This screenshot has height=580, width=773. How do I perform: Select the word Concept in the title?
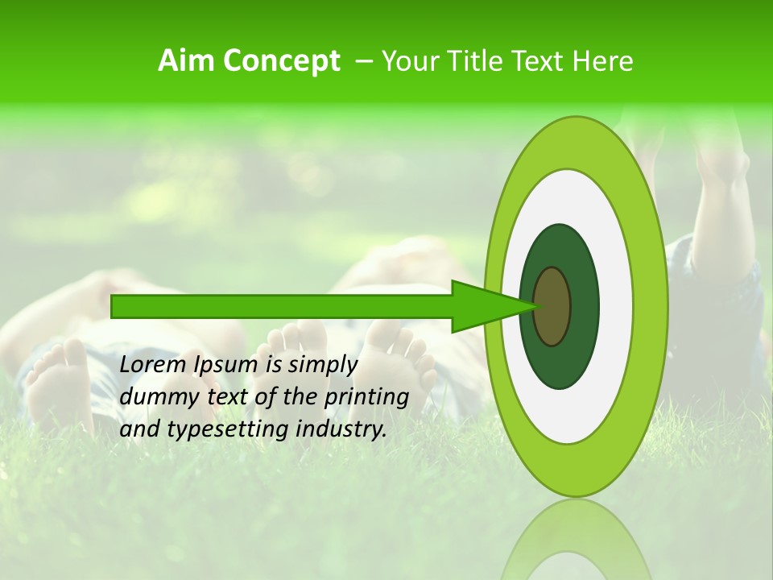click(x=281, y=61)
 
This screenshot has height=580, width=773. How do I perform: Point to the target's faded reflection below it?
click(x=576, y=540)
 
